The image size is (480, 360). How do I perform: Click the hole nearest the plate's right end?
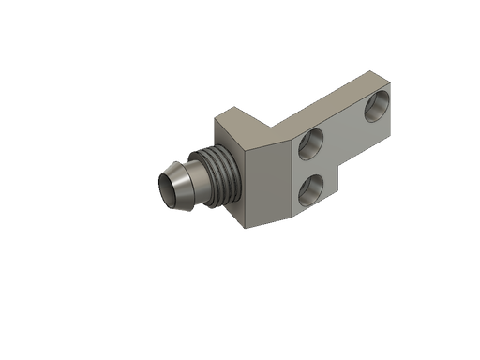(x=378, y=105)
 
